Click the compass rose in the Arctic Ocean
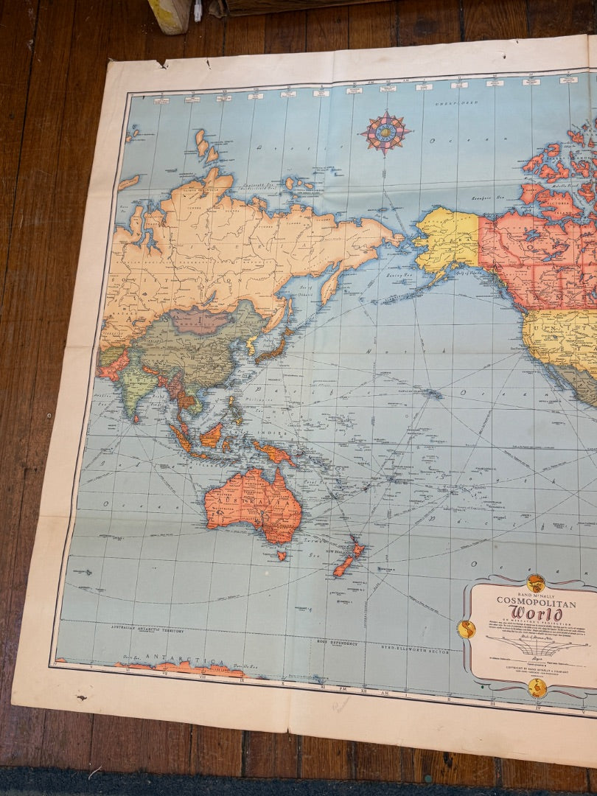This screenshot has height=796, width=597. [384, 133]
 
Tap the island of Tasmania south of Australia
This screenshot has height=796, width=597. [280, 555]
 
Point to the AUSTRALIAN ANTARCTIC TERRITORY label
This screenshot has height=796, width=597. [147, 631]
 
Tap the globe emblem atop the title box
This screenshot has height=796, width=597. [536, 582]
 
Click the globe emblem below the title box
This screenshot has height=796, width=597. [537, 688]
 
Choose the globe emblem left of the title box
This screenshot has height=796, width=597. [466, 629]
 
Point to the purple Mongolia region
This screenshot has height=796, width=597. [200, 321]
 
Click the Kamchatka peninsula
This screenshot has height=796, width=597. [331, 284]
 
